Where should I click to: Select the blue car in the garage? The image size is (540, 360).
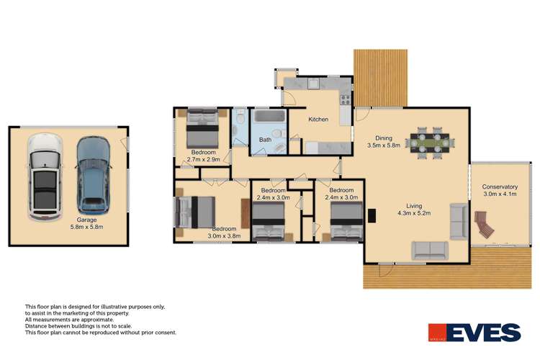click(93, 173)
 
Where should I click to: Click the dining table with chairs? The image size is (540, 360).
click(429, 142)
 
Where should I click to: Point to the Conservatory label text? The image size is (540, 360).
click(500, 187)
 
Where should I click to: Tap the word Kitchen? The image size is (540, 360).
click(318, 120)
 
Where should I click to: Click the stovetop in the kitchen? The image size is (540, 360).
click(346, 99)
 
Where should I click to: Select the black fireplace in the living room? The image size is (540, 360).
click(372, 215)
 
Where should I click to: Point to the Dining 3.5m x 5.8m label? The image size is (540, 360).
click(383, 142)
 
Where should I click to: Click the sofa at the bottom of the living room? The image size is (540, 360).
click(430, 250)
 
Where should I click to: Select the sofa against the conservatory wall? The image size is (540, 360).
click(458, 221)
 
